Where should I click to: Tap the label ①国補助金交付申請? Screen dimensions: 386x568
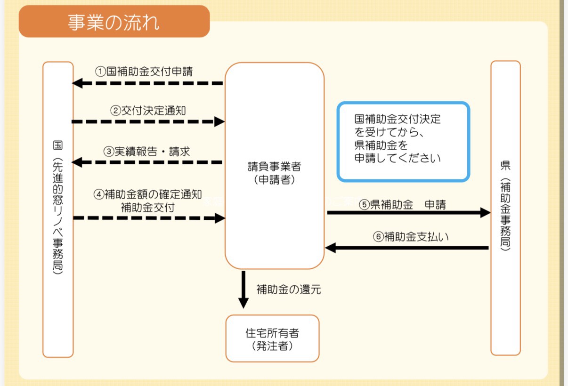(x=144, y=72)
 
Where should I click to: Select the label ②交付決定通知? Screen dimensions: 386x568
(x=148, y=111)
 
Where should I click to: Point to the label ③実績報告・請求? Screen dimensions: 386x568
(x=146, y=152)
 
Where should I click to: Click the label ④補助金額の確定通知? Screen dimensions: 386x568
(x=148, y=194)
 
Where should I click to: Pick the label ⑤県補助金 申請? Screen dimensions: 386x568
(x=403, y=204)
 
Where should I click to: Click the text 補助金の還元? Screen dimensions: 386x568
(x=288, y=289)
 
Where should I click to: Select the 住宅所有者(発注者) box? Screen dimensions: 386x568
(x=272, y=338)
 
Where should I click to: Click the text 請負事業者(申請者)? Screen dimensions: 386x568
(x=275, y=172)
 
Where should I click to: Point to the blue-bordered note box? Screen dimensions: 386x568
(x=403, y=142)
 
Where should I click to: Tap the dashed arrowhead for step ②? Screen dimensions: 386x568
(x=219, y=121)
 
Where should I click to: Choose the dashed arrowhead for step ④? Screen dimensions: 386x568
(x=219, y=218)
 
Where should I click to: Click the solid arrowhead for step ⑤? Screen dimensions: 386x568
(x=485, y=213)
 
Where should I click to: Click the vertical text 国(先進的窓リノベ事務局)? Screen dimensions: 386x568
(x=58, y=207)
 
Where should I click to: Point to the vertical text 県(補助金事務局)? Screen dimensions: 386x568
(x=505, y=207)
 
